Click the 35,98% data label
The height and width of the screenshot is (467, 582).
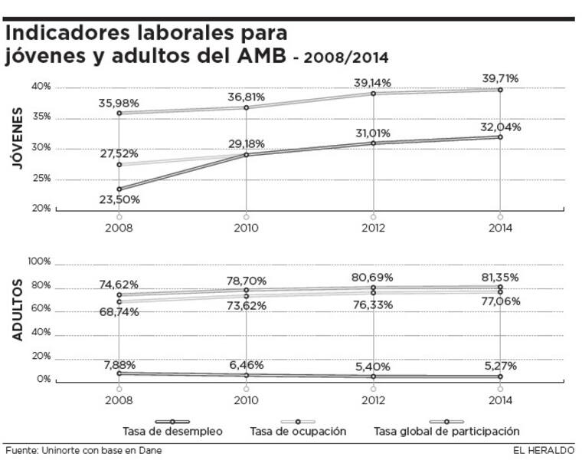coord(119,104)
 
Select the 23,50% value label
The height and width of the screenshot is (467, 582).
coord(119,200)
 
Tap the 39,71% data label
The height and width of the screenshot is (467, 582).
coord(500,78)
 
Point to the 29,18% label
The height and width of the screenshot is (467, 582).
coord(246,143)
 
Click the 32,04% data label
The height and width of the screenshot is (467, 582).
coord(500,127)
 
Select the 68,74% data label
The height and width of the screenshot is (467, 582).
coord(119,312)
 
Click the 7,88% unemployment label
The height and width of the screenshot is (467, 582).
coord(119,363)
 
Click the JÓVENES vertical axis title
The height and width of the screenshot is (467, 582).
coord(17,140)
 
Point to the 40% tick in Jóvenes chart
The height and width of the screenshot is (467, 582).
coord(41,87)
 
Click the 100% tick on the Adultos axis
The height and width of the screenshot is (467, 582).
coord(39,261)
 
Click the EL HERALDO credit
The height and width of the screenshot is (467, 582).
coord(544,450)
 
